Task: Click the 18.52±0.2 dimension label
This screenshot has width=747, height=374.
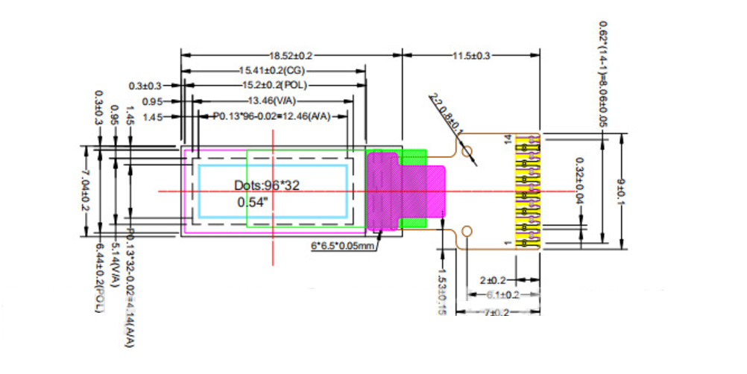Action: tap(290, 56)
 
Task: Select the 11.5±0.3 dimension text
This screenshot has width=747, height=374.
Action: tap(472, 56)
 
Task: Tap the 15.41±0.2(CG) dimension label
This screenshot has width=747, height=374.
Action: tap(272, 71)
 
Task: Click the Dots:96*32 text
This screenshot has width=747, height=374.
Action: tap(266, 185)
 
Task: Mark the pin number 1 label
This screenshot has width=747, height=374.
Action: tap(510, 244)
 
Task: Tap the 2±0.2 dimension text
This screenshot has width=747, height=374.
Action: tap(493, 280)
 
